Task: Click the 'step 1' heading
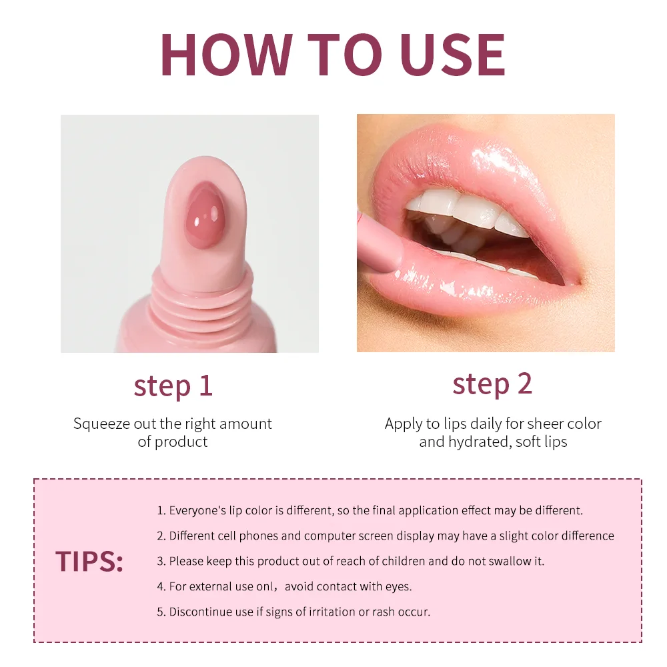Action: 173,386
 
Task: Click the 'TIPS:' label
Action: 89,562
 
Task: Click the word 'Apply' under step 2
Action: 403,424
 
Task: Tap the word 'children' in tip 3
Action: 402,561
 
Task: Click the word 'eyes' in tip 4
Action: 398,587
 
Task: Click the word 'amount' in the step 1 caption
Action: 245,424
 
